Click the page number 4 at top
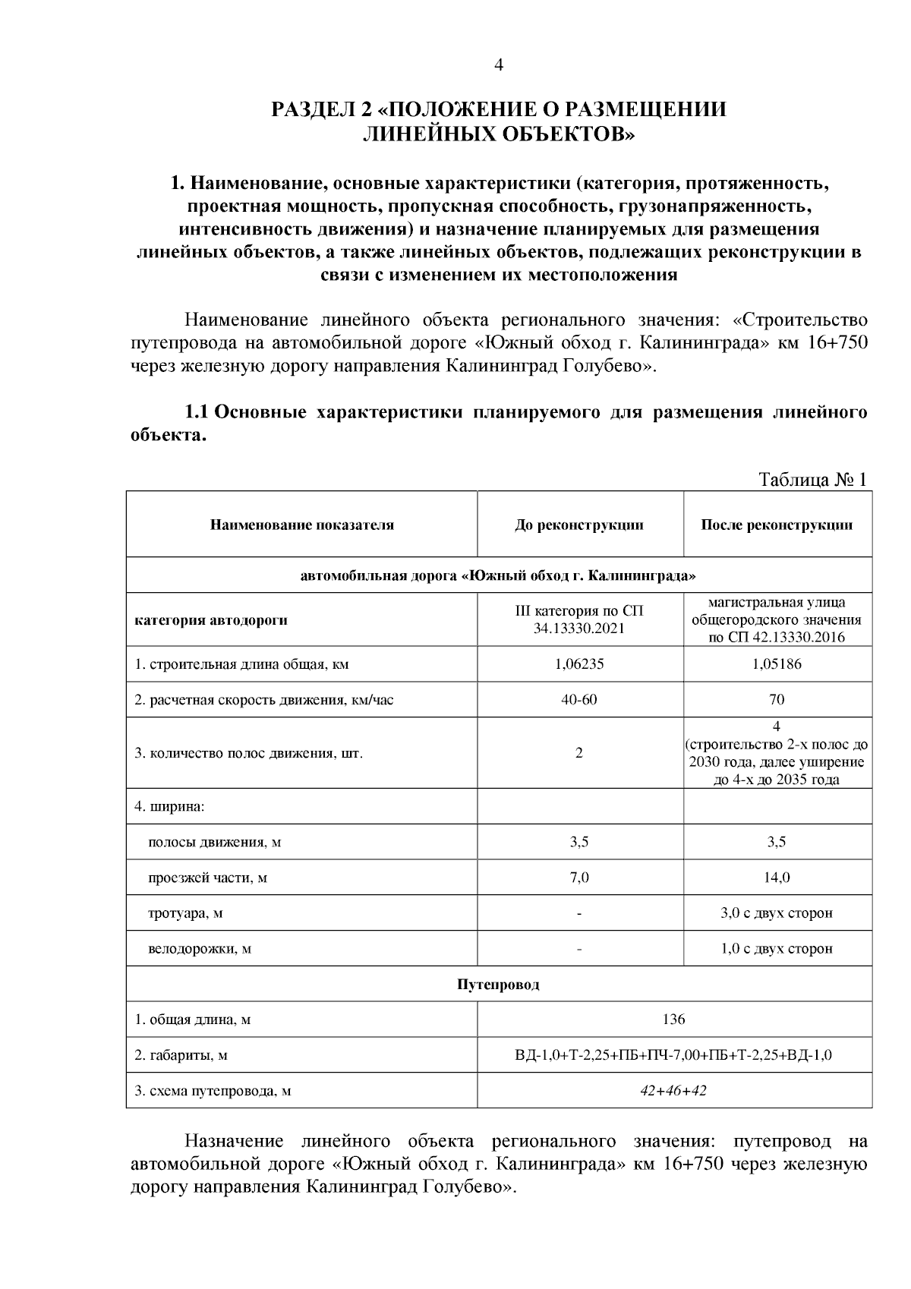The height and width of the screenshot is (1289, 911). point(499,65)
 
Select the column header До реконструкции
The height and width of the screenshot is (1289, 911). point(579,525)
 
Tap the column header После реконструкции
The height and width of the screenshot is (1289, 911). point(777,525)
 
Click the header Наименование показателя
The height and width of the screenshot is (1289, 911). point(301,525)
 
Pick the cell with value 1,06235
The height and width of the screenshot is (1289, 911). point(579,664)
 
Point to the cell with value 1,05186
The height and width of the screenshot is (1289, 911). point(777,664)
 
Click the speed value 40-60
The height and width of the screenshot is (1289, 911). point(579,699)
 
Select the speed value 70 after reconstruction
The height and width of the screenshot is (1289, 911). point(777,699)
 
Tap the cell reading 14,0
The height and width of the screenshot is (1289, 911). point(777,878)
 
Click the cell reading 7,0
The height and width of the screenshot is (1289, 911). point(579,878)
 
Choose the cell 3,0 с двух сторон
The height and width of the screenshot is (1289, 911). point(777,912)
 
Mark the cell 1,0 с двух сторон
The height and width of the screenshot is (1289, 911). point(777,948)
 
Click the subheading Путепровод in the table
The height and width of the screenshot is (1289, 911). point(498,985)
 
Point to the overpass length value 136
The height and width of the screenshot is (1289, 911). point(673,1020)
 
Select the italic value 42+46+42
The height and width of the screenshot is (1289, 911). point(673,1091)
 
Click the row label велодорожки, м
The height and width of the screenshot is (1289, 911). point(199,948)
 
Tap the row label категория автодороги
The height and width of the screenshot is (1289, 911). point(211,620)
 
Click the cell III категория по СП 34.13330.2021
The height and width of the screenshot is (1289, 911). point(579,620)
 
